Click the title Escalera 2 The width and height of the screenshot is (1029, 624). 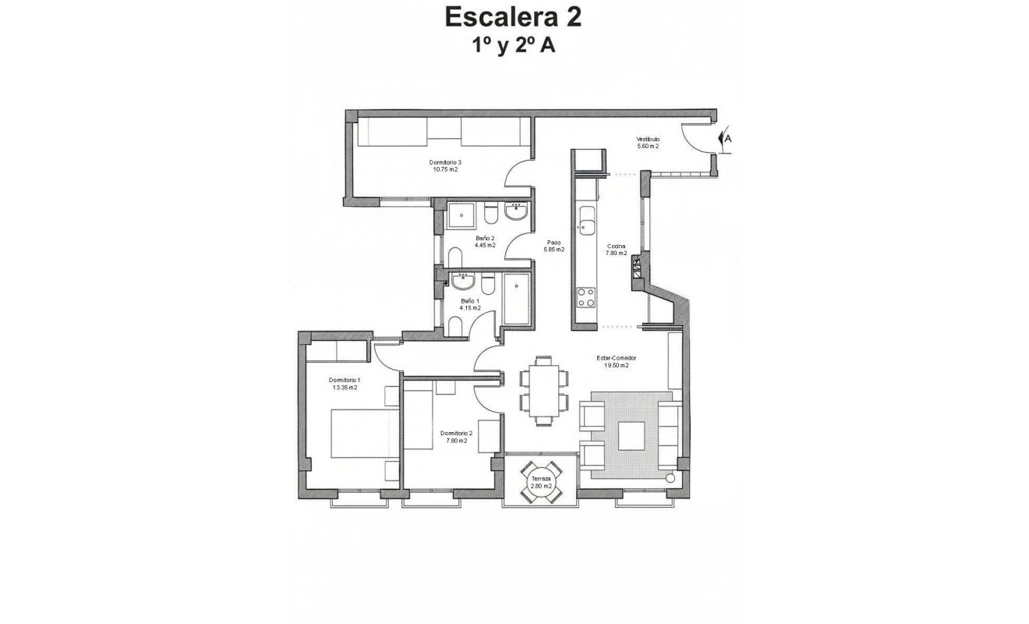click(x=513, y=16)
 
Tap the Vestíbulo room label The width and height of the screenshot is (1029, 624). click(x=648, y=139)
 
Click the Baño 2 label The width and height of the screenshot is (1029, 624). click(x=485, y=238)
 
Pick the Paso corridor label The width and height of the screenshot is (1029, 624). click(x=553, y=243)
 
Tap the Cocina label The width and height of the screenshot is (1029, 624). click(x=617, y=246)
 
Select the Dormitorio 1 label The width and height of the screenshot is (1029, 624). click(x=344, y=380)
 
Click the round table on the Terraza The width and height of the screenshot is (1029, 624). click(x=541, y=481)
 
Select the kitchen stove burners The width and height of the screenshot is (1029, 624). click(x=585, y=297)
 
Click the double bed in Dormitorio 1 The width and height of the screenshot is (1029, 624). click(x=360, y=434)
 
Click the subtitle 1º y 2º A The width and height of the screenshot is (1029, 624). click(x=513, y=46)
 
